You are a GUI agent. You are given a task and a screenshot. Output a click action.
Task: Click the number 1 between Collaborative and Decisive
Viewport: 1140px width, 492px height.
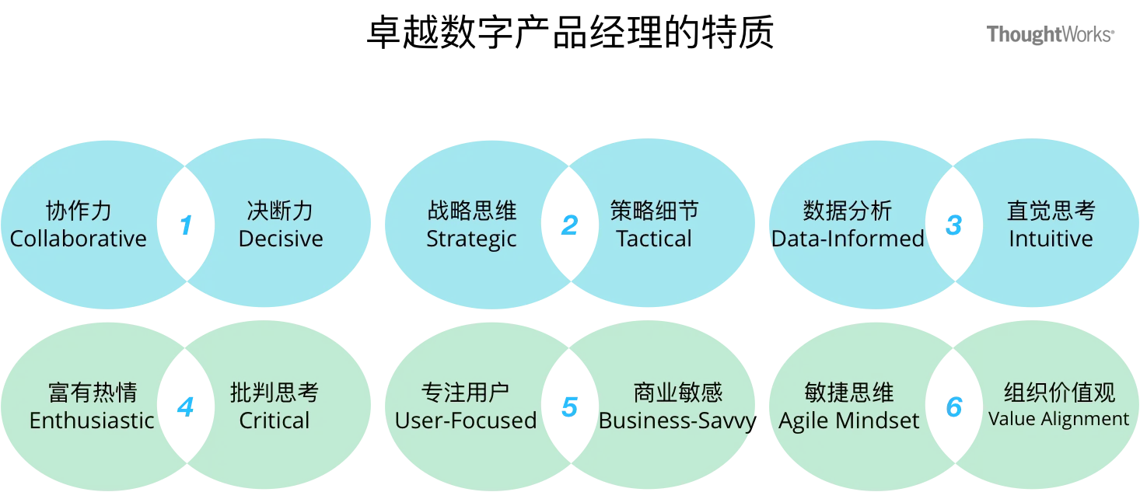click(x=186, y=225)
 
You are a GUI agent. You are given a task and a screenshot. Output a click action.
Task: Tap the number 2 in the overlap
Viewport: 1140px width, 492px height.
click(x=569, y=225)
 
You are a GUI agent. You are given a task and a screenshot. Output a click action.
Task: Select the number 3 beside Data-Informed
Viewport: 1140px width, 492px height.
click(x=954, y=225)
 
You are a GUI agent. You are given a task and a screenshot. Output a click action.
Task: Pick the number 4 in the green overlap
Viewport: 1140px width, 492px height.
click(x=185, y=407)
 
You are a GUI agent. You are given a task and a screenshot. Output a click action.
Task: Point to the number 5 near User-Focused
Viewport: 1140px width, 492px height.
click(x=569, y=407)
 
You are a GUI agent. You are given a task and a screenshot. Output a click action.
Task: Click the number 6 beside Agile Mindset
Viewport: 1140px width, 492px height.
click(x=953, y=407)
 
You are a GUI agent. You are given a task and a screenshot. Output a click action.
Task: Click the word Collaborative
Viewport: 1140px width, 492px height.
click(x=78, y=239)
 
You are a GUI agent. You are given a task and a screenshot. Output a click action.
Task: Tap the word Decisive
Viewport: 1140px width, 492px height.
click(x=281, y=239)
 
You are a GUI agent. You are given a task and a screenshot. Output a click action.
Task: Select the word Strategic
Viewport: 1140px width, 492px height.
click(x=471, y=239)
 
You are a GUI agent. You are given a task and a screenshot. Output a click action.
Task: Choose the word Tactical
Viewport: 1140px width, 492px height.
click(x=654, y=239)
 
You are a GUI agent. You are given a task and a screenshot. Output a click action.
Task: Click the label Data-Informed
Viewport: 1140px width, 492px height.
click(x=848, y=239)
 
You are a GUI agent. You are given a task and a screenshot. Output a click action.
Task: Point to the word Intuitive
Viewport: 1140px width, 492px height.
click(x=1051, y=239)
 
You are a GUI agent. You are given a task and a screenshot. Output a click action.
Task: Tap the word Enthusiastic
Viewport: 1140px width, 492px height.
click(x=92, y=421)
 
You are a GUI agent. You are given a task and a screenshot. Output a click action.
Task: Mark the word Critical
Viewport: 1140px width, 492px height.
click(x=275, y=421)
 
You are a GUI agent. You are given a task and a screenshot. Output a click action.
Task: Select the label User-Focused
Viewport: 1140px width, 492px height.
click(x=466, y=421)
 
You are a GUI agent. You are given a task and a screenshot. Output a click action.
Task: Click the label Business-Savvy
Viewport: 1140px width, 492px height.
click(x=677, y=421)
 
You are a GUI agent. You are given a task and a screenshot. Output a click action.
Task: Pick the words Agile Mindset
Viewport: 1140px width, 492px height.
click(x=849, y=421)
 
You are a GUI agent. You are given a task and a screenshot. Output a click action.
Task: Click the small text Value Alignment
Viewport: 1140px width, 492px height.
click(x=1058, y=419)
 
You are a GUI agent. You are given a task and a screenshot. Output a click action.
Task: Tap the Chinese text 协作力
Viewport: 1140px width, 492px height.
click(x=79, y=211)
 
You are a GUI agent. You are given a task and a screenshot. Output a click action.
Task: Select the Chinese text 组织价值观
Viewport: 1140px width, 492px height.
click(x=1059, y=393)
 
